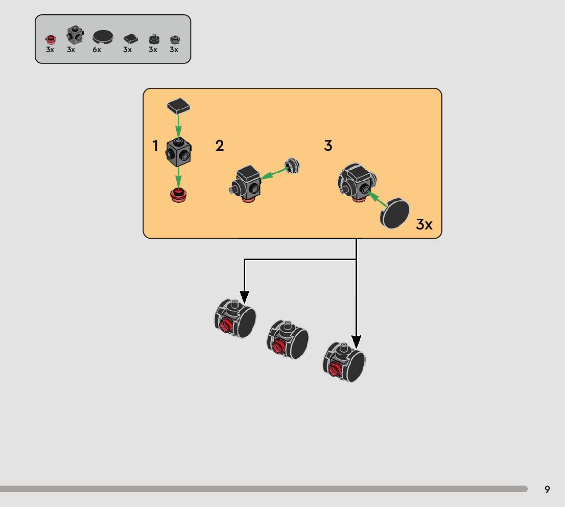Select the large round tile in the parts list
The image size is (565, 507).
104,37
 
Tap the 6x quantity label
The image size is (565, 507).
97,50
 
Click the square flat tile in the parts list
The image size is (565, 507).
131,38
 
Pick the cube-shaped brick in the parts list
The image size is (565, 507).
75,36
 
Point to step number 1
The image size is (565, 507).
155,146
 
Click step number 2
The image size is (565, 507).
220,146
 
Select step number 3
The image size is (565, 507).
328,146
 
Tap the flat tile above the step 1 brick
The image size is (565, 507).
179,106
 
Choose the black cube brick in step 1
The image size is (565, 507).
178,152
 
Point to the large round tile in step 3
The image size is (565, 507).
396,213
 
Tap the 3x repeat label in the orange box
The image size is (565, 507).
424,224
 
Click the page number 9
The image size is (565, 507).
547,489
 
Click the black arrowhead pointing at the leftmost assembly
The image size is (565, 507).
245,297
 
